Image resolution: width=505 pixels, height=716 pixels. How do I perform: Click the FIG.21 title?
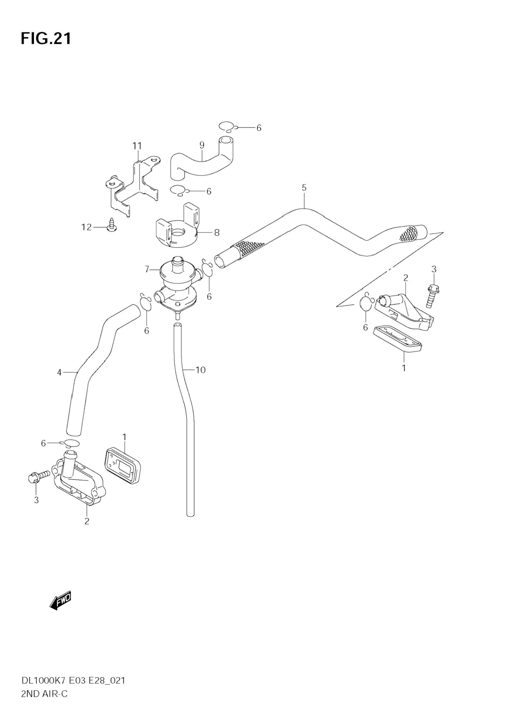46,39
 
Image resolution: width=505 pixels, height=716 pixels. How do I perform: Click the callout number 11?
137,146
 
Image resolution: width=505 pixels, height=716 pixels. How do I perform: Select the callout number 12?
87,227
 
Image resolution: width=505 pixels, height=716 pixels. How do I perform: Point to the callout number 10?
200,370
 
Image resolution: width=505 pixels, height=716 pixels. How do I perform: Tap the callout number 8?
217,233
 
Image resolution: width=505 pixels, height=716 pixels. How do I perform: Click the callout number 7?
147,269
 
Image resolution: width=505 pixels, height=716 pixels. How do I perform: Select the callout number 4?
59,372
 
